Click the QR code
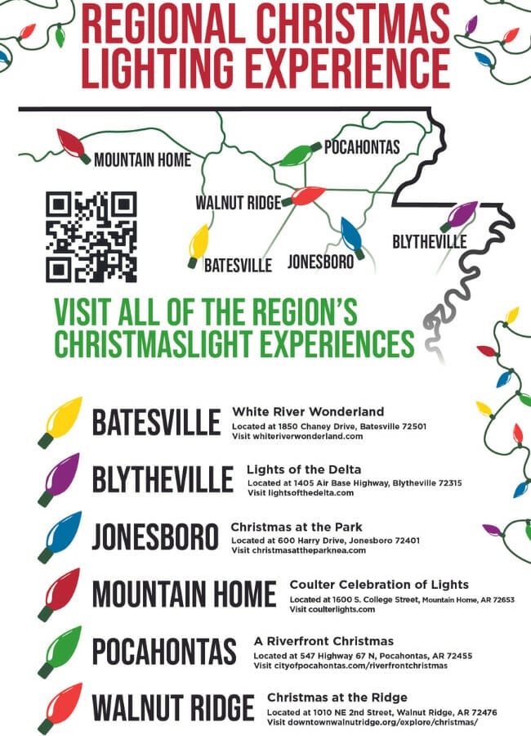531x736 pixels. [x=91, y=237]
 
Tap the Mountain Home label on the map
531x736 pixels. [x=142, y=159]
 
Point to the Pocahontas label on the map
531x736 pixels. [x=362, y=147]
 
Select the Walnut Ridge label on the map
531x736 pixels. [x=238, y=202]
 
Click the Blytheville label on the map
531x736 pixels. [x=430, y=242]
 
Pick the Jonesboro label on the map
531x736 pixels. [x=321, y=262]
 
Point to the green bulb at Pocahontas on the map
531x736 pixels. [x=298, y=154]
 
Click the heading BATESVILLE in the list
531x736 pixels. [x=156, y=423]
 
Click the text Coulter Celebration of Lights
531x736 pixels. [x=379, y=585]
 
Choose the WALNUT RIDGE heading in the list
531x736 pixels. [x=173, y=707]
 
